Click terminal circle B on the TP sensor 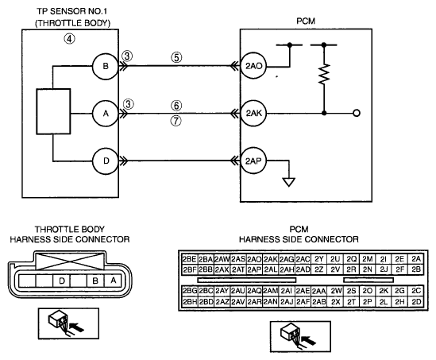tap(106, 66)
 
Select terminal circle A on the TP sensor tap(106, 114)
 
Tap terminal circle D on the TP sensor tap(106, 161)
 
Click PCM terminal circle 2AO tap(253, 66)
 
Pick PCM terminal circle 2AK tap(253, 114)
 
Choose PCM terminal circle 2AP tap(253, 161)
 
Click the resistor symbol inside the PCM tap(324, 74)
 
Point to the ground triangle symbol tap(288, 182)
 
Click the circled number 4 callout tap(70, 39)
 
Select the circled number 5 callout tap(176, 57)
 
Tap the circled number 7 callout tap(176, 121)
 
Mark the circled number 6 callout tap(176, 106)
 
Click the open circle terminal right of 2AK tap(357, 113)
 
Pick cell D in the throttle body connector tap(61, 281)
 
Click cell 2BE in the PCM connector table tap(190, 259)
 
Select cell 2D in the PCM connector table tap(416, 302)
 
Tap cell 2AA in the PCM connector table tap(318, 291)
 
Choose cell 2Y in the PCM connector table tap(318, 259)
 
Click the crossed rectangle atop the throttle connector tap(70, 261)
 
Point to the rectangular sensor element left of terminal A tap(53, 111)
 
